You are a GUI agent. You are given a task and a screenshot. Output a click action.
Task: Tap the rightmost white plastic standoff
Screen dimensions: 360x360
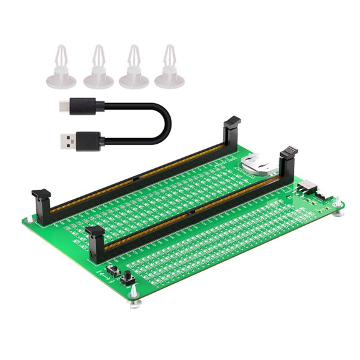tap(169, 67)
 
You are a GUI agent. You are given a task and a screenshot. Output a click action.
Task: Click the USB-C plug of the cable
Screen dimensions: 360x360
tap(66, 104)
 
